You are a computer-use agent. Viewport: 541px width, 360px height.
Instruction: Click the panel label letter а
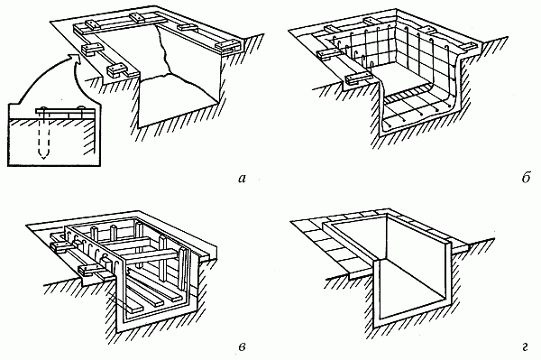pos(242,179)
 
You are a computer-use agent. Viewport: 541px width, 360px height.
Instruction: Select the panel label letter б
pos(525,178)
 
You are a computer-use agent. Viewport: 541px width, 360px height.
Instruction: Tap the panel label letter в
pos(242,346)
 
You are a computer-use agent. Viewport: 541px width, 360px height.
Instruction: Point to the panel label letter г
pos(525,346)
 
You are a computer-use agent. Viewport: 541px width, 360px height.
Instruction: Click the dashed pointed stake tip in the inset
pos(43,156)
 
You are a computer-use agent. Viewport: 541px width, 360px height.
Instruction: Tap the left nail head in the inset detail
pos(44,108)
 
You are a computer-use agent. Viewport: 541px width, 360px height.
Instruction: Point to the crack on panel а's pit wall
pos(164,51)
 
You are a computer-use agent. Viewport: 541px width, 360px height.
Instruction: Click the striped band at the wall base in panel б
pos(408,95)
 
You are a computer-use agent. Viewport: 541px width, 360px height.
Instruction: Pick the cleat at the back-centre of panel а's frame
pos(138,17)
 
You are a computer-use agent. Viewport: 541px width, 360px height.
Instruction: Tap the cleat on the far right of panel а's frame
pos(227,46)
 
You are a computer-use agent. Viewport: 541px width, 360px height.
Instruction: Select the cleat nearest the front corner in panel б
pos(355,79)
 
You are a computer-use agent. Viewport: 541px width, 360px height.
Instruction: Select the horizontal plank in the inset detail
pos(65,112)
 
